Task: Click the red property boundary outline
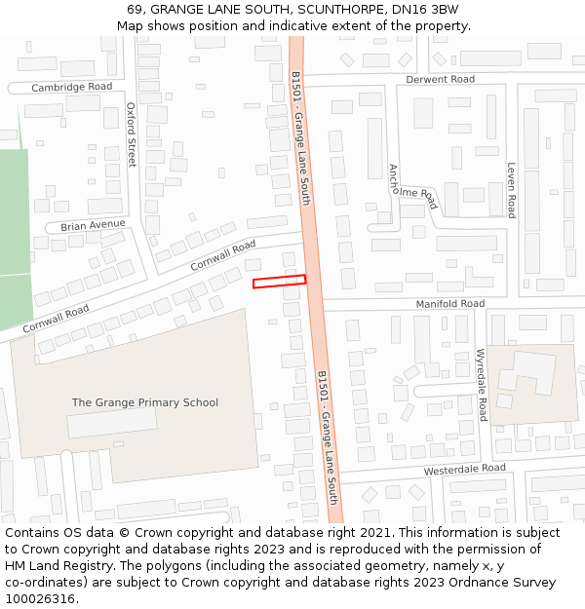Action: (x=279, y=282)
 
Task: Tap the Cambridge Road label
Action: (x=72, y=87)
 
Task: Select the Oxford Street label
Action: (x=132, y=135)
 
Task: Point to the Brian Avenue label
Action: (x=93, y=225)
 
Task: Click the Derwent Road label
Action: (x=440, y=79)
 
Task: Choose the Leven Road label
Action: (x=511, y=190)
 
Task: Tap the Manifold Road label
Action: (x=450, y=304)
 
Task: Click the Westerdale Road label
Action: (x=464, y=469)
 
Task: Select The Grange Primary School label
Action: (x=145, y=402)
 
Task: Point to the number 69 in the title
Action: (x=135, y=10)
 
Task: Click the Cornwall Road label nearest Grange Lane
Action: (x=222, y=255)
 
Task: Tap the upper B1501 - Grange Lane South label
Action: (x=300, y=136)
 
